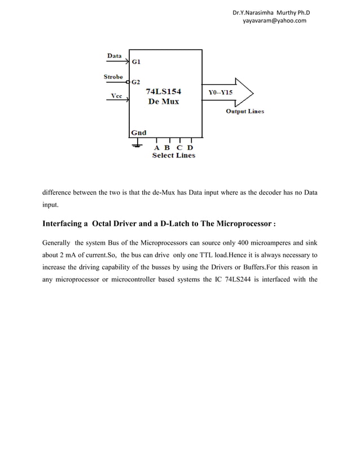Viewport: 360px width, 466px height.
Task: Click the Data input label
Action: (x=115, y=56)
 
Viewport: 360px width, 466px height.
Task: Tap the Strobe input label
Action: (x=113, y=77)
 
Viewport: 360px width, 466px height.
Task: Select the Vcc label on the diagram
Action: (x=116, y=96)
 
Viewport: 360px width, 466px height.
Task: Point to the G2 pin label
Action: (x=137, y=82)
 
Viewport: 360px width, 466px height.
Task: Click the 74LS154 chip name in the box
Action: (x=163, y=91)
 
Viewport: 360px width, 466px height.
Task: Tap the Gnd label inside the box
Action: (x=139, y=133)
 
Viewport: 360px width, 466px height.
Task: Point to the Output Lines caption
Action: (x=245, y=111)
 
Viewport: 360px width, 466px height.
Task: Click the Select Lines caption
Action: (x=173, y=156)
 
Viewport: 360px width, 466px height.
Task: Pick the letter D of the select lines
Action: (x=190, y=148)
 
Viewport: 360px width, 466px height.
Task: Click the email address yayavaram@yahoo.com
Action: (x=274, y=20)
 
